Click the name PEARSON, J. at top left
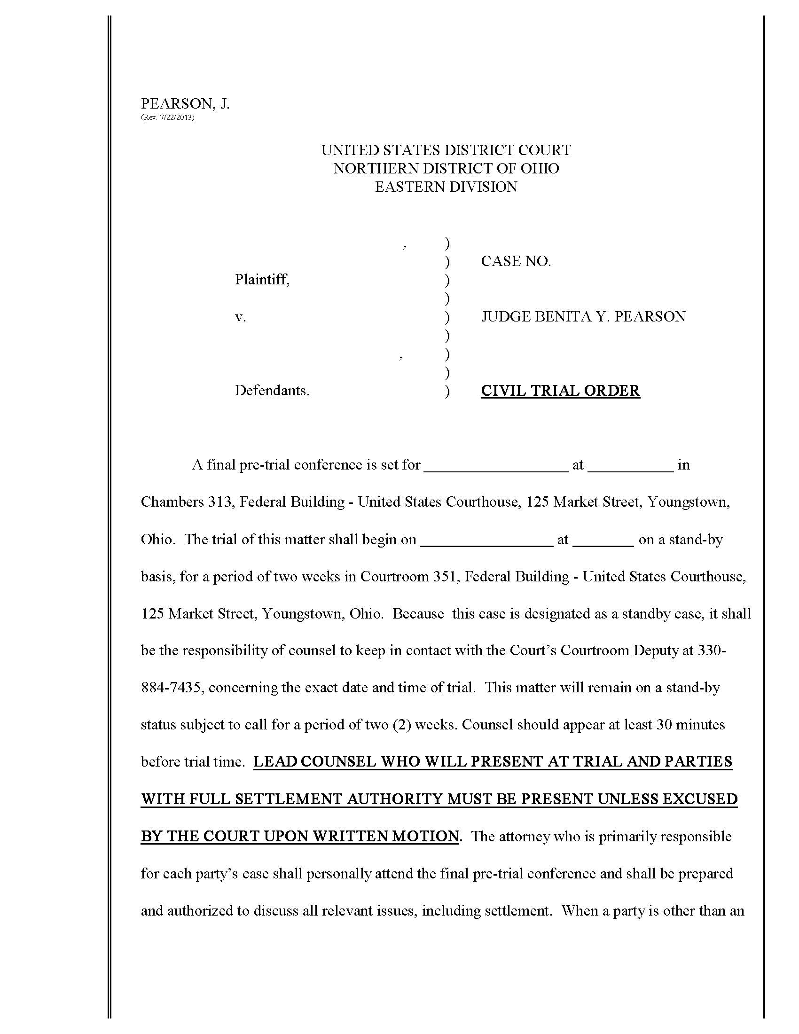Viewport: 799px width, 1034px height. tap(185, 104)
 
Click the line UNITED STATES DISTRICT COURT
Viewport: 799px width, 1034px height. tap(446, 150)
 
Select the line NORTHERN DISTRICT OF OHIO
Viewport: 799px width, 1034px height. tap(446, 169)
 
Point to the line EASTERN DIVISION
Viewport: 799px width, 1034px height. tap(446, 187)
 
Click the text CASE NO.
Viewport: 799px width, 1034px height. tap(516, 261)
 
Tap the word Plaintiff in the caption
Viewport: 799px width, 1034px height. tap(262, 280)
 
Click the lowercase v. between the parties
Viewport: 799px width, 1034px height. tap(241, 317)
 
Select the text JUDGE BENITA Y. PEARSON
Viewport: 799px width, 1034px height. tap(583, 317)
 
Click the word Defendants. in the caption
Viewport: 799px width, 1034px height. tap(272, 391)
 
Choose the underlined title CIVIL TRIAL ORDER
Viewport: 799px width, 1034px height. tap(560, 391)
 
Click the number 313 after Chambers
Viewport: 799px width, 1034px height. tap(221, 502)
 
